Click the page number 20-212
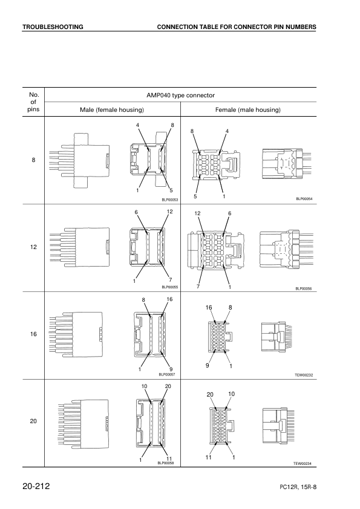pos(36,486)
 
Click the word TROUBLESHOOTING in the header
pos(53,27)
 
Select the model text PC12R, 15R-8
pos(298,487)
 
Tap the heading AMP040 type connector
pos(181,95)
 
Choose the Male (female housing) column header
pos(112,110)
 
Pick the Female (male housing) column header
pos(248,110)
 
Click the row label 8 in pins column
pos(33,160)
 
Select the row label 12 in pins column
pos(33,247)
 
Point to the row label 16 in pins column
pos(33,334)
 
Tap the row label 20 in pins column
pos(33,421)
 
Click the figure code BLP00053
pos(170,199)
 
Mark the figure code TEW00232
pos(304,375)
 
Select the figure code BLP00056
pos(304,288)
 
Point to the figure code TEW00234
pos(303,464)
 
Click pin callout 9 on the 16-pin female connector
pos(208,365)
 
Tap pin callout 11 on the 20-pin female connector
pos(208,457)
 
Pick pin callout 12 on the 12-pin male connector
pos(169,212)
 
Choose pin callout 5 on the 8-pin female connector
pos(195,196)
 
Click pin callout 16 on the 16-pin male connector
pos(169,299)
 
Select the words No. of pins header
pos(33,102)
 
